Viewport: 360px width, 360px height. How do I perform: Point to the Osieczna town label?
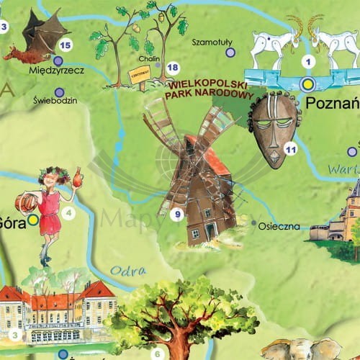point(279,226)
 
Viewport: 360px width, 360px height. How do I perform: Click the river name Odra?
point(124,271)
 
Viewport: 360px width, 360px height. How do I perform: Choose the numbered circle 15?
point(66,45)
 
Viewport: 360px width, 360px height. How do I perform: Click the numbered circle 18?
point(172,68)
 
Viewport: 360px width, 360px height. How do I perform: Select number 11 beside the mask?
point(291,148)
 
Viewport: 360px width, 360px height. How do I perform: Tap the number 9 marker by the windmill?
point(177,213)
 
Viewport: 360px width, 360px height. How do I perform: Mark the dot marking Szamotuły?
point(230,53)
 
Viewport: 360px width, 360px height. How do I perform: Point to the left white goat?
point(273,45)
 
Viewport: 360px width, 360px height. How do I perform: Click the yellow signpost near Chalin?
point(138,73)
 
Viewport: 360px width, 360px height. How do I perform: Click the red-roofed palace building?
point(58,310)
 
